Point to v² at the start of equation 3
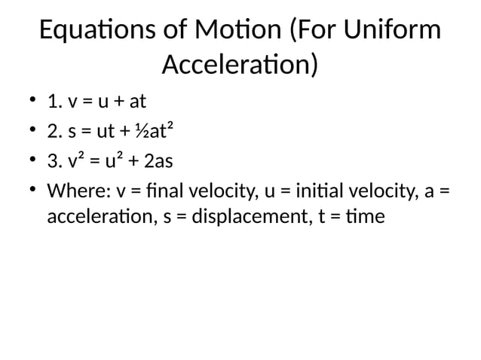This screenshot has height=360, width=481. pos(75,162)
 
